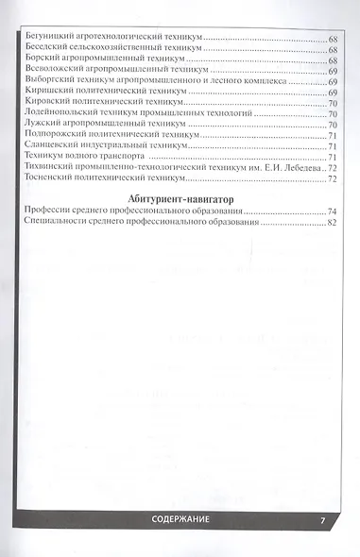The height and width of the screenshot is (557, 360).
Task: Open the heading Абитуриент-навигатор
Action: point(180,197)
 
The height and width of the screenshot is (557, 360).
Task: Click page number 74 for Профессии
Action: point(332,211)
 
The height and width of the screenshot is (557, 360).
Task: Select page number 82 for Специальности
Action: point(332,223)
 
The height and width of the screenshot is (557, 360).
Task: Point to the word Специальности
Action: point(60,223)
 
